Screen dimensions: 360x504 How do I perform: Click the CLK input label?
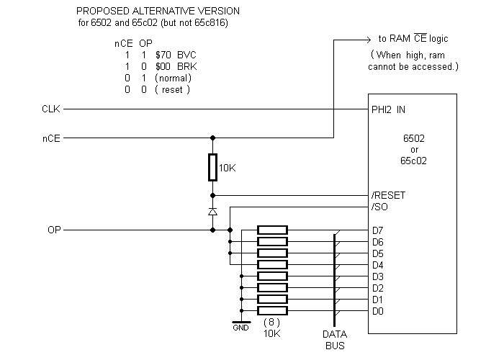[50, 109]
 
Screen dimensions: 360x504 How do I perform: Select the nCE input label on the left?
[50, 138]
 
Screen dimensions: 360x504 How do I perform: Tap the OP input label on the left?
[53, 230]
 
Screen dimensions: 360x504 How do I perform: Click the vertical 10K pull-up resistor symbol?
[212, 167]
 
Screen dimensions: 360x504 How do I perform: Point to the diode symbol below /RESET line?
[212, 212]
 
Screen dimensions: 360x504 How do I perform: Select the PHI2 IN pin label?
[390, 109]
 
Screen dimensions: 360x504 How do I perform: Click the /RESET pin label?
[388, 195]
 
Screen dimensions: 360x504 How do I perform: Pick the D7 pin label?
[378, 230]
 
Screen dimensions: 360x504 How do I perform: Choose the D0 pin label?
[378, 311]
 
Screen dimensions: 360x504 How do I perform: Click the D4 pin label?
[378, 265]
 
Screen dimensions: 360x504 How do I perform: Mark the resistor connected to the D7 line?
[272, 230]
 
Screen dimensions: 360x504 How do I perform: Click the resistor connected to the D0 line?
[272, 311]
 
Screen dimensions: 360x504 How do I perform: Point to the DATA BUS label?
[335, 340]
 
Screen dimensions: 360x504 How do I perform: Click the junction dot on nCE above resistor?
[212, 138]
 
